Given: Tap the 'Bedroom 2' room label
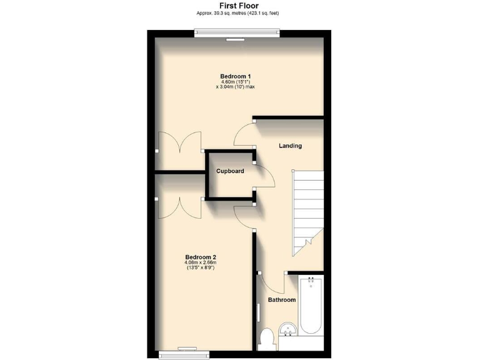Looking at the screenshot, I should tap(201, 257).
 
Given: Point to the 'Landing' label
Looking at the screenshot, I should tap(290, 146).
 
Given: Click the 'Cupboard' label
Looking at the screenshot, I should tap(229, 171).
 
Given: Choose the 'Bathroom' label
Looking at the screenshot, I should tap(282, 300).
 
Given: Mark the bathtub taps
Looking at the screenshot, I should tap(311, 281).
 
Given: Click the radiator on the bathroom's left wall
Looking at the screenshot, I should tap(259, 313).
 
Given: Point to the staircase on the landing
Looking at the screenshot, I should tap(307, 206).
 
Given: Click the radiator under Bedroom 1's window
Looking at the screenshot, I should tap(236, 39).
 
